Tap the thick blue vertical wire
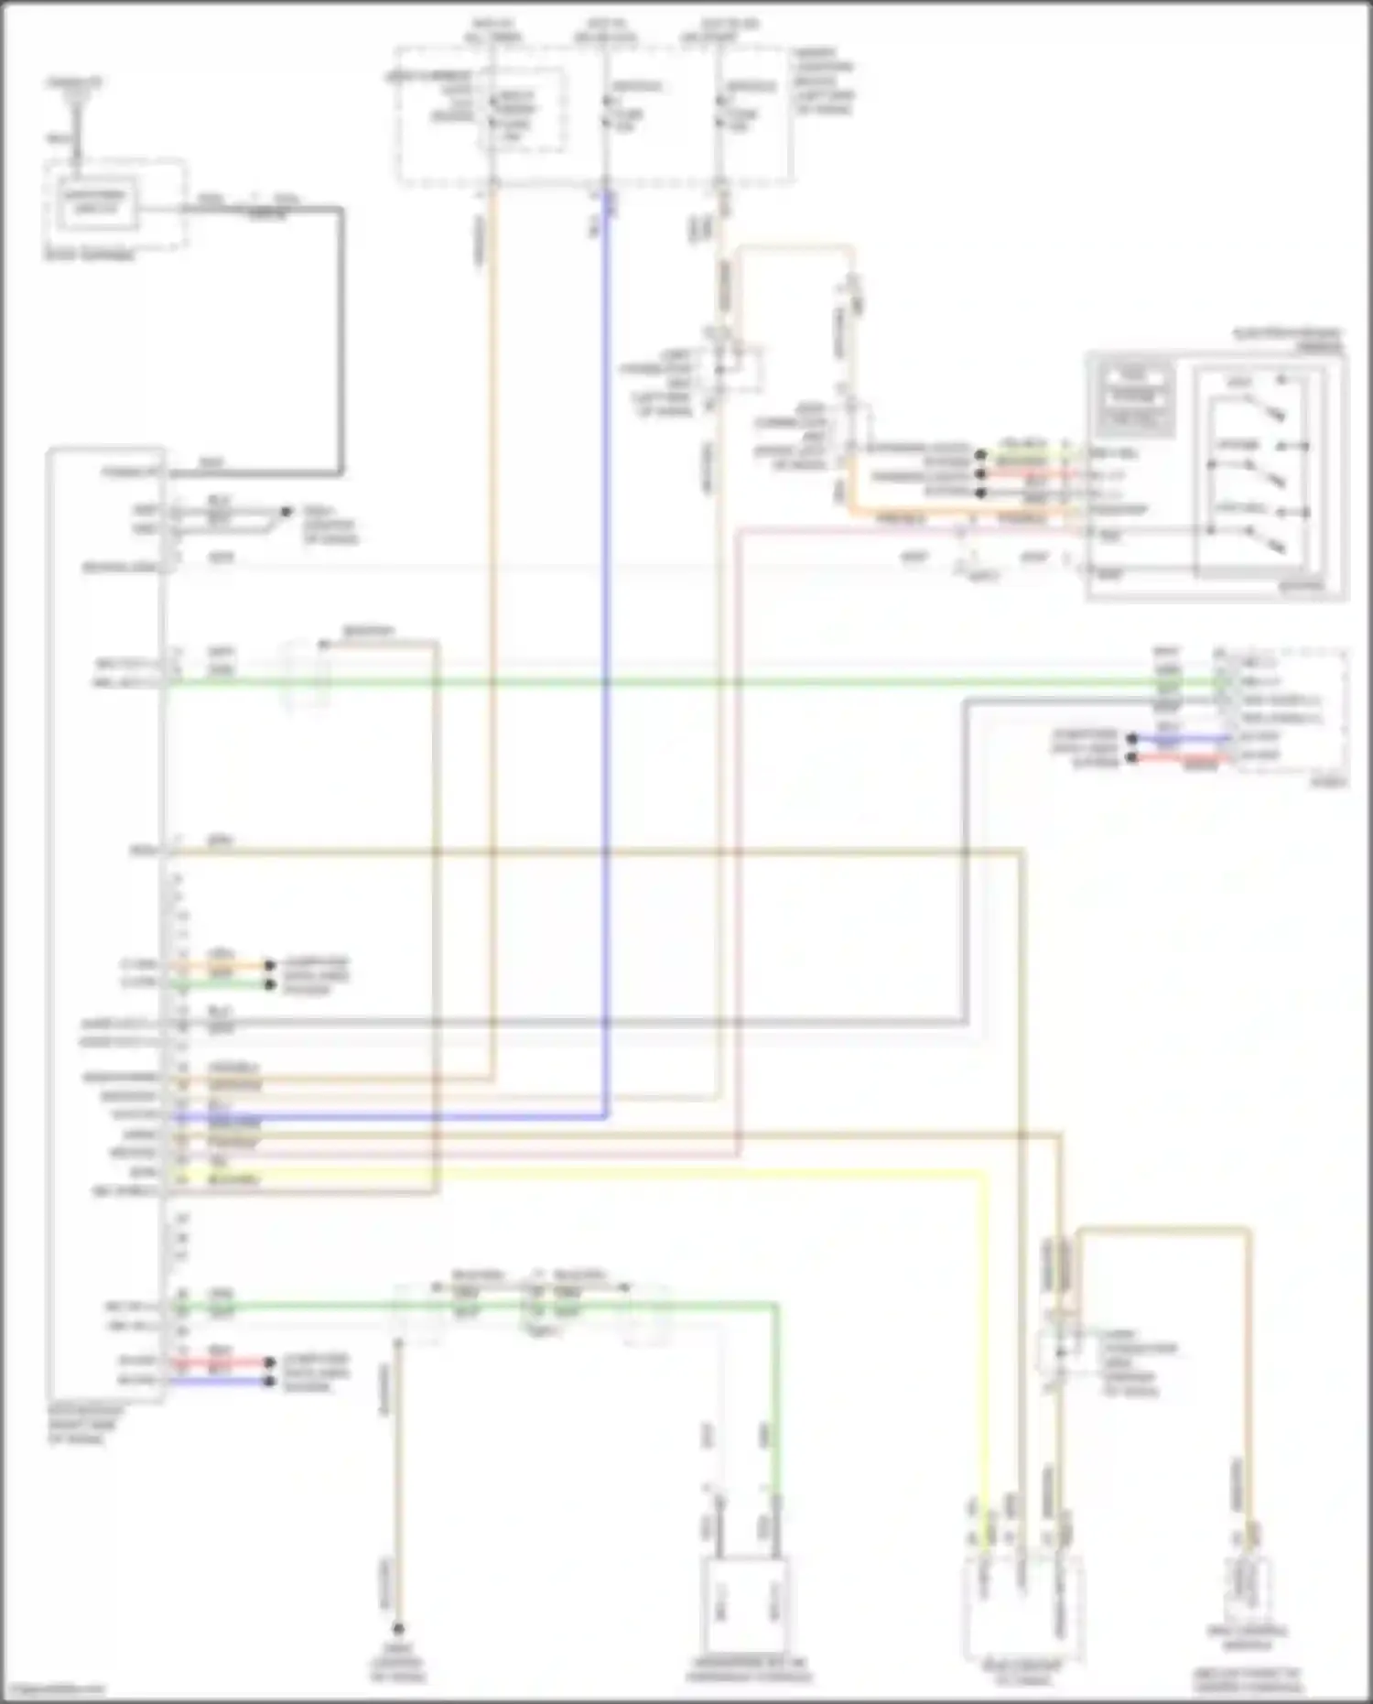[x=604, y=641]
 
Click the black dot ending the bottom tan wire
[x=398, y=1629]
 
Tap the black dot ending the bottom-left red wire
[x=269, y=1362]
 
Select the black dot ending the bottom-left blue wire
[x=269, y=1380]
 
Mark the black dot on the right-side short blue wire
[x=1132, y=738]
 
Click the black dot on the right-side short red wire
[x=1132, y=758]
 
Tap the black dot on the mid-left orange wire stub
[x=269, y=965]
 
